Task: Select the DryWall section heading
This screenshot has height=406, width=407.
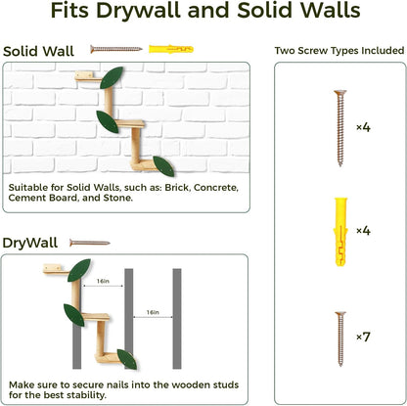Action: tap(30, 242)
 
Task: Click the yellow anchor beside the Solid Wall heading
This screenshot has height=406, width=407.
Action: tap(164, 49)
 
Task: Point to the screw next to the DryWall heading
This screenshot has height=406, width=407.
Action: tap(89, 243)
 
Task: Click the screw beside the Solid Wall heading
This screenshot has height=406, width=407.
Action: tap(116, 48)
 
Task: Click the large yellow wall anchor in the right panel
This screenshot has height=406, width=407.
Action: tap(339, 230)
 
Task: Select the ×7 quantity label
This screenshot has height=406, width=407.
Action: tap(362, 336)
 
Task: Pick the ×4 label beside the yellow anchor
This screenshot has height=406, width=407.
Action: tap(362, 231)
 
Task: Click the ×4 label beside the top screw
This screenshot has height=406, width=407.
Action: tap(362, 127)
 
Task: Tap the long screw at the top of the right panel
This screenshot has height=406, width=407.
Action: tap(339, 127)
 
